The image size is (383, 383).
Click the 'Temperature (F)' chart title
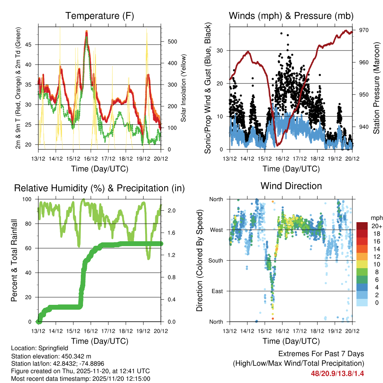[99, 16]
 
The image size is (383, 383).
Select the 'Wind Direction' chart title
[291, 186]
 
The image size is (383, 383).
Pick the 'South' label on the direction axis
[215, 260]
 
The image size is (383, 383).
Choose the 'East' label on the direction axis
[217, 291]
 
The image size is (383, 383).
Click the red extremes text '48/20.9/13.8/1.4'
[337, 373]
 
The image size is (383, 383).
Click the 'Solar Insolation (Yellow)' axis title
[184, 88]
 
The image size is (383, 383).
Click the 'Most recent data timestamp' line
[80, 379]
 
